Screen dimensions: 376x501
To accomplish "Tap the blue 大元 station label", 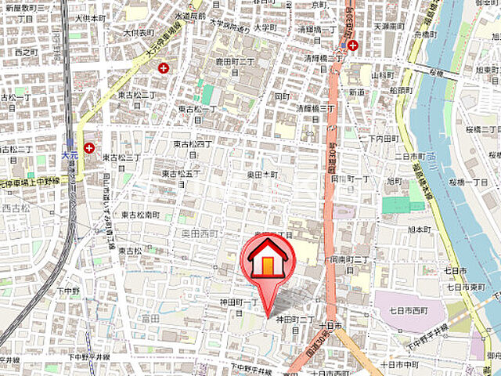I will click(70, 157).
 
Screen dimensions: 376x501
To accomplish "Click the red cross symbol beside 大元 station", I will click(89, 147).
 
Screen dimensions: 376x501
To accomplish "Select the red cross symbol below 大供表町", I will click(164, 68).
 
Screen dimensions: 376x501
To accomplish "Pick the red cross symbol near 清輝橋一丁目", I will click(353, 45).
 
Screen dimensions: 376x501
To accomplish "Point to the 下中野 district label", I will click(68, 290).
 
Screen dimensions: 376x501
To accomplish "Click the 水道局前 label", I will click(190, 15).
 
